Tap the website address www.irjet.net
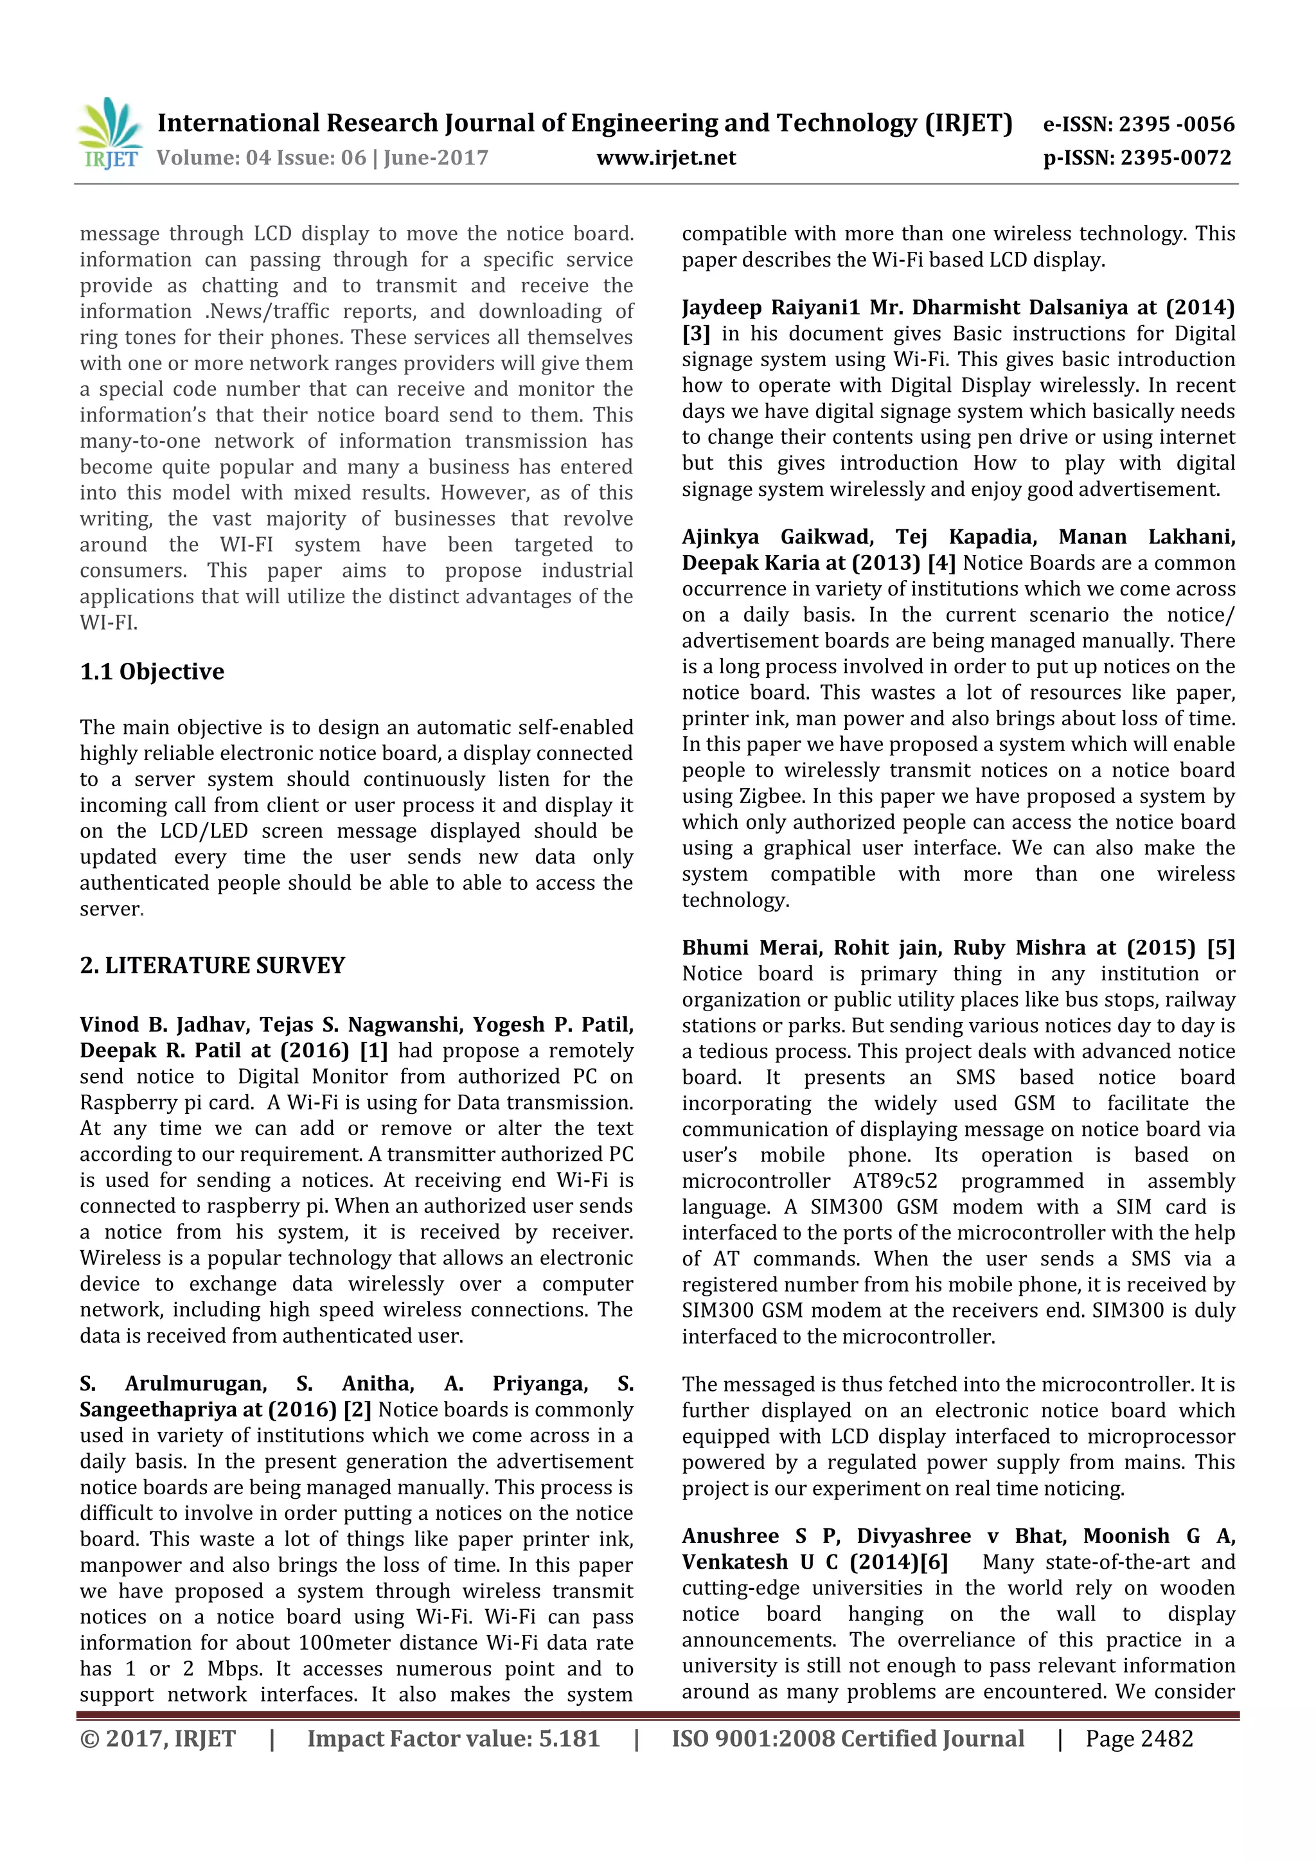click(x=666, y=158)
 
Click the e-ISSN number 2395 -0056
click(x=1177, y=124)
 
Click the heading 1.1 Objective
click(x=152, y=672)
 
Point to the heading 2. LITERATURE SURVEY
click(x=213, y=966)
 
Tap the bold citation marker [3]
click(x=696, y=334)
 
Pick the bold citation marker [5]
click(x=1220, y=948)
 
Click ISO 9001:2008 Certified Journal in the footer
click(x=848, y=1738)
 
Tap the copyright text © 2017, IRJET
click(x=157, y=1738)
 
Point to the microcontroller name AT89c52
click(x=894, y=1181)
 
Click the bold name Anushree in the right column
click(x=730, y=1536)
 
